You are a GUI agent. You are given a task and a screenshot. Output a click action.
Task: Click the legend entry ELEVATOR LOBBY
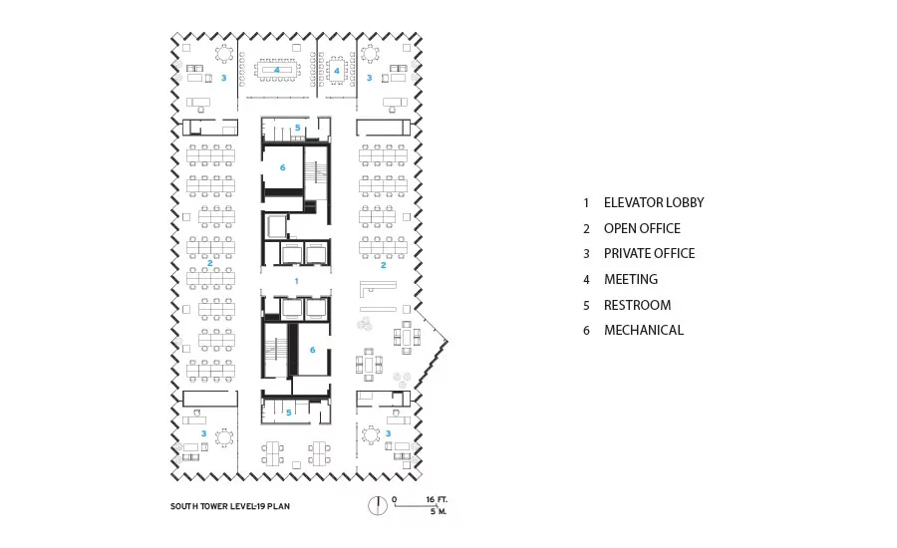pyautogui.click(x=653, y=202)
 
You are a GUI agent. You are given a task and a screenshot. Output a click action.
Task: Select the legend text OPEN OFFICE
pyautogui.click(x=642, y=228)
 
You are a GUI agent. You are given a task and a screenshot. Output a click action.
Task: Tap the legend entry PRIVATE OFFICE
pyautogui.click(x=649, y=253)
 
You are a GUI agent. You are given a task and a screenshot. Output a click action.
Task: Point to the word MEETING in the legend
pyautogui.click(x=631, y=279)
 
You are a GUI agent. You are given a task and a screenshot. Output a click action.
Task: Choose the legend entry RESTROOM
pyautogui.click(x=637, y=305)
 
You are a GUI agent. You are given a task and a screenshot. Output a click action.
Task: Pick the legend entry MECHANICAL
pyautogui.click(x=644, y=330)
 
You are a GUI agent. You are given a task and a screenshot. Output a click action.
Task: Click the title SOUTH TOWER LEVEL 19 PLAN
pyautogui.click(x=230, y=506)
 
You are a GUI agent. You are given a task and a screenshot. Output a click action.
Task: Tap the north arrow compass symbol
pyautogui.click(x=377, y=505)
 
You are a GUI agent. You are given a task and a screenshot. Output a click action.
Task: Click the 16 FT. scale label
pyautogui.click(x=437, y=499)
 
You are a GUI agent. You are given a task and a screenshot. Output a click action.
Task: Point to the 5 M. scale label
pyautogui.click(x=439, y=511)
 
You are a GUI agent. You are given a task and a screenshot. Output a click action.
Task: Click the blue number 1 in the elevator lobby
pyautogui.click(x=296, y=281)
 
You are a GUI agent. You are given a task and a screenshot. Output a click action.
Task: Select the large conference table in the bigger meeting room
pyautogui.click(x=277, y=70)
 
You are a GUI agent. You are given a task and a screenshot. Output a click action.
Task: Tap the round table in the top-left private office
pyautogui.click(x=223, y=54)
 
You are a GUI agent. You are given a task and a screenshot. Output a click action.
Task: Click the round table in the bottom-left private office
pyautogui.click(x=223, y=438)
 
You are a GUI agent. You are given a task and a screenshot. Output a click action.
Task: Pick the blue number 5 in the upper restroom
pyautogui.click(x=297, y=128)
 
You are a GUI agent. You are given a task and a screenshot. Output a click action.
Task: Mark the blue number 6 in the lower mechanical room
pyautogui.click(x=312, y=350)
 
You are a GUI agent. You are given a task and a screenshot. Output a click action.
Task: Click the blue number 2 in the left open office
pyautogui.click(x=210, y=263)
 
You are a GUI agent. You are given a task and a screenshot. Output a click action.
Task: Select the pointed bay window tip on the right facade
pyautogui.click(x=448, y=342)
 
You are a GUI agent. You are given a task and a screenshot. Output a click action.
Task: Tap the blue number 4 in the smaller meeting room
pyautogui.click(x=337, y=71)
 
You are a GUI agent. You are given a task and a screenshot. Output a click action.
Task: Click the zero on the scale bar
pyautogui.click(x=394, y=499)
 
